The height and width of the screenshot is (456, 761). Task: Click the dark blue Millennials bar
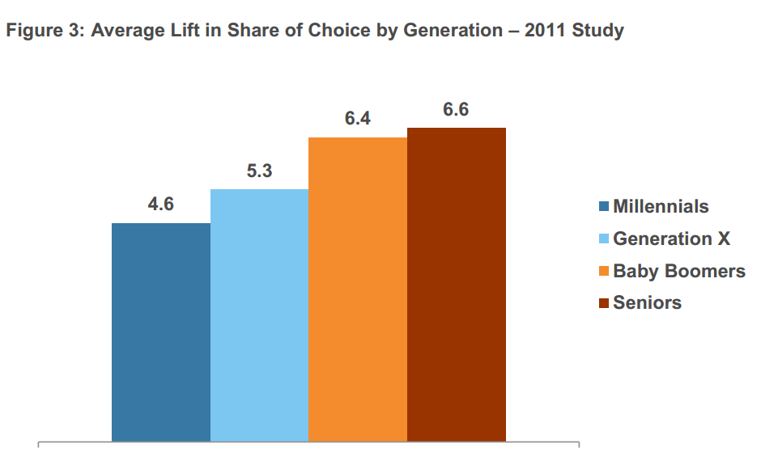click(x=160, y=331)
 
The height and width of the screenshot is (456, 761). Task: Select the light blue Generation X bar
click(x=259, y=315)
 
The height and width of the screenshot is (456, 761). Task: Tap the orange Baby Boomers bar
click(x=358, y=289)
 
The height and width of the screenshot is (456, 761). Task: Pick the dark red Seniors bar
click(x=457, y=284)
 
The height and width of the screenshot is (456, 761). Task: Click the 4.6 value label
click(x=160, y=205)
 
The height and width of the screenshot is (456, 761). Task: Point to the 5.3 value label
click(x=259, y=171)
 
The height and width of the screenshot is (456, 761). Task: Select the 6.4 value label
click(x=358, y=119)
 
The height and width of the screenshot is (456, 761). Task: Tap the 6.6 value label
click(x=456, y=109)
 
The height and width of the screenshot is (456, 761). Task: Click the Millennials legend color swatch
click(x=603, y=207)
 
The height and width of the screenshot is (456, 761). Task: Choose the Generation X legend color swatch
click(x=603, y=239)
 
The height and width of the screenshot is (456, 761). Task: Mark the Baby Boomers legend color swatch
click(x=603, y=272)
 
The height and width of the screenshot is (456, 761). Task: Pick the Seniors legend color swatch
click(x=603, y=304)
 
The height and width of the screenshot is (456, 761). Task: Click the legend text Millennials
click(x=661, y=206)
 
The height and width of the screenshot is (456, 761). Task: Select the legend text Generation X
click(x=671, y=239)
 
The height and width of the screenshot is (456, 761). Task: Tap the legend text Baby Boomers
click(x=679, y=271)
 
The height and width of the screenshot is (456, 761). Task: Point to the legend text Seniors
click(x=647, y=303)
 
